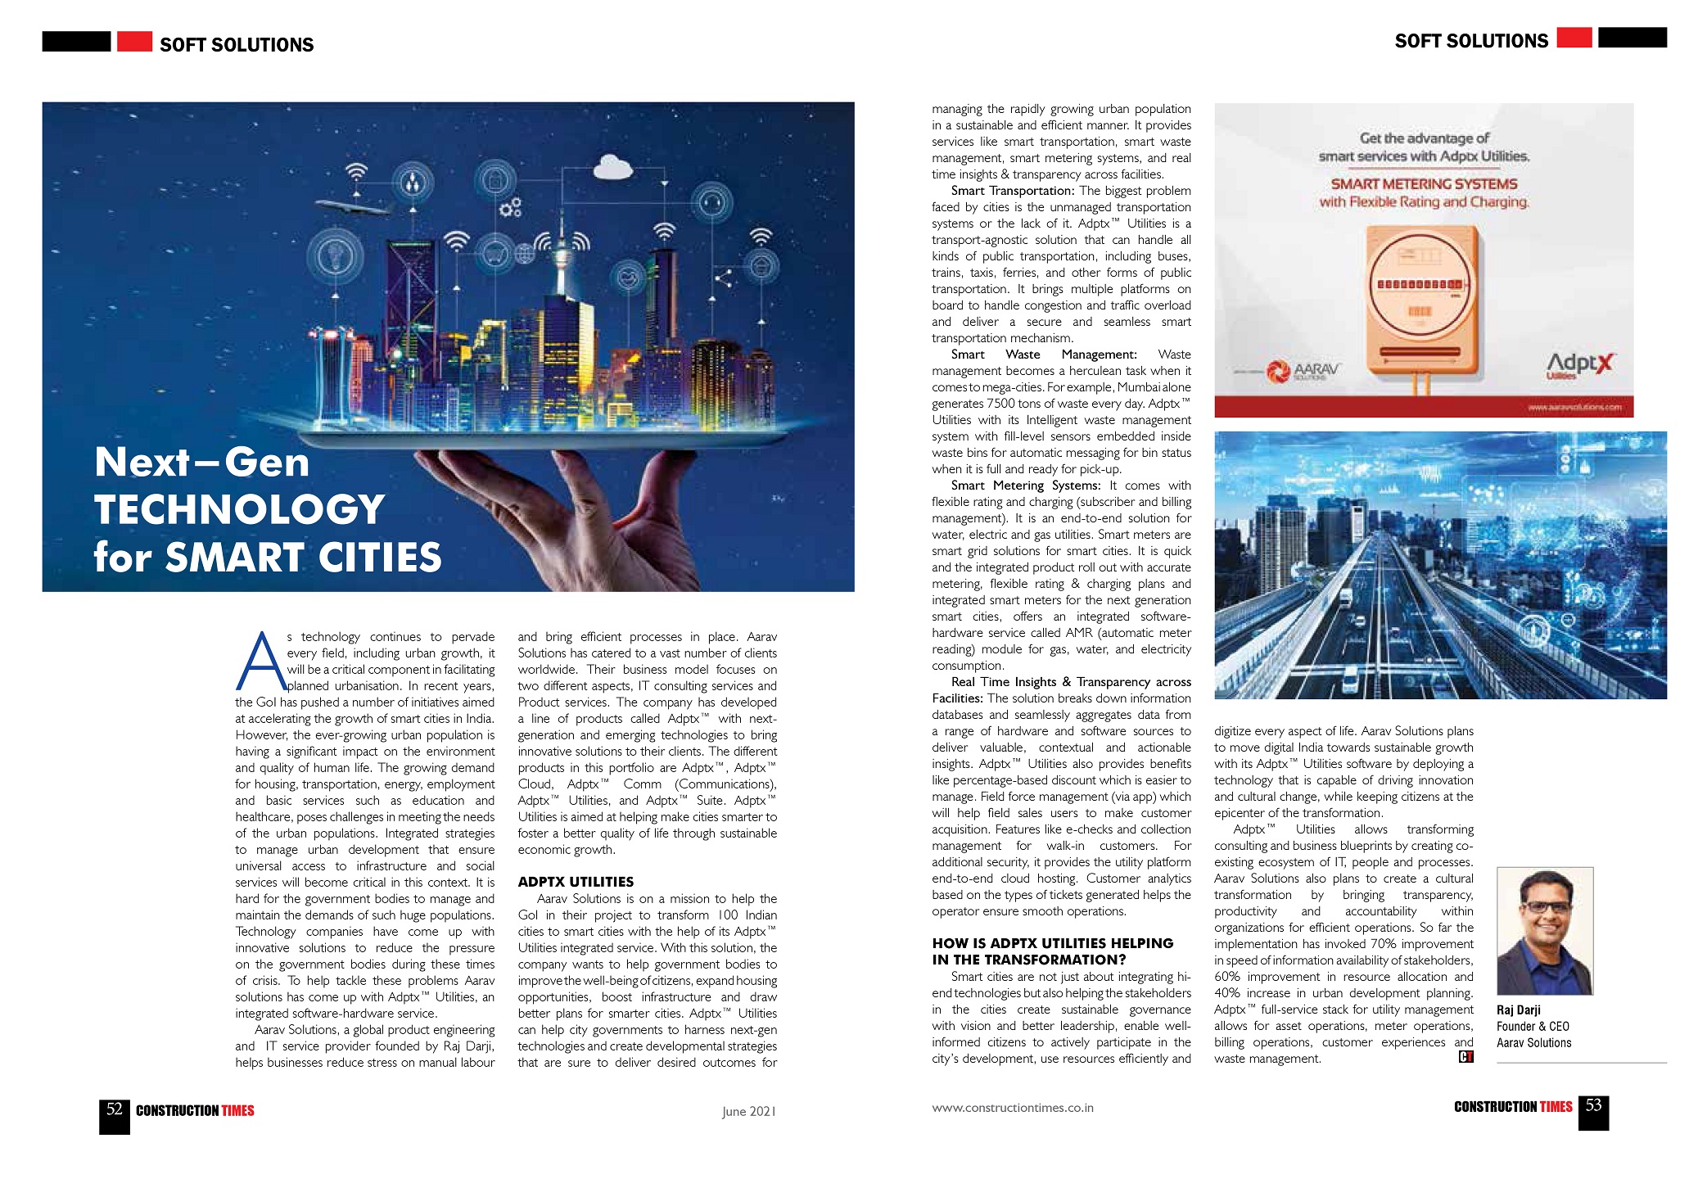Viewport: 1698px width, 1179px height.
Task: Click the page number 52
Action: click(x=115, y=1110)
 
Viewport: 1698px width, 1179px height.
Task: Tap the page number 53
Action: click(x=1593, y=1106)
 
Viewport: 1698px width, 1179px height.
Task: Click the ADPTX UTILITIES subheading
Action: click(x=576, y=882)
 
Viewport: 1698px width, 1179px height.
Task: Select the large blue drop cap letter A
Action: click(x=260, y=662)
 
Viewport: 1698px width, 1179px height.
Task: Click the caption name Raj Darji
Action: click(x=1518, y=1010)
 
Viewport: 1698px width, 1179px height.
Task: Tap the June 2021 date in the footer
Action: click(x=748, y=1111)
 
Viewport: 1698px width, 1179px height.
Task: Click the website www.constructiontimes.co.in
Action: click(x=1012, y=1108)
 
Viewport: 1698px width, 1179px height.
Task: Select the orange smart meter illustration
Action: click(x=1424, y=303)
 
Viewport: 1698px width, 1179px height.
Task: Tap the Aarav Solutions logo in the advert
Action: click(x=1303, y=371)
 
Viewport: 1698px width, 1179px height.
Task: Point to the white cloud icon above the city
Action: click(x=612, y=169)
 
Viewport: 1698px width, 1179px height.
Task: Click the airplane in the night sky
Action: click(x=352, y=207)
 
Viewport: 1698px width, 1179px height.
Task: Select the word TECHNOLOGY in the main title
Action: click(x=239, y=509)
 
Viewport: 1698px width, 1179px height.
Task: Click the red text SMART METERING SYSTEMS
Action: click(x=1424, y=184)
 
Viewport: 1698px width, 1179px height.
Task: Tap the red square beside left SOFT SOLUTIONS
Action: click(x=134, y=41)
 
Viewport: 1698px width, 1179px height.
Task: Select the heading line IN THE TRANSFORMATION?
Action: click(x=1028, y=960)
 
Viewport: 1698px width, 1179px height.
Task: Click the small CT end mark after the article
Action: click(x=1465, y=1057)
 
